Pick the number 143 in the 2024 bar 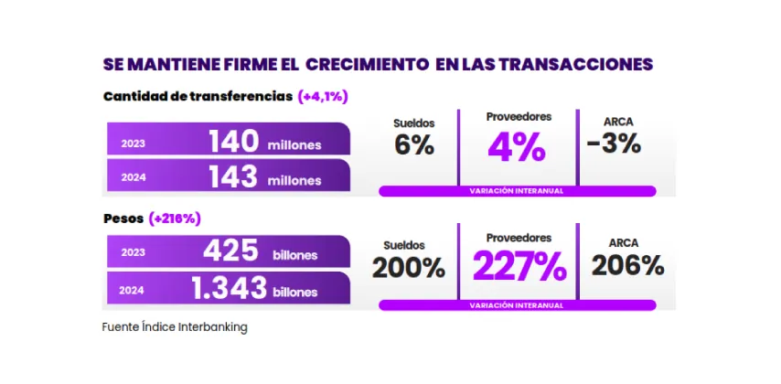point(233,178)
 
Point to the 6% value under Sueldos point(414,145)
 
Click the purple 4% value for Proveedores point(517,147)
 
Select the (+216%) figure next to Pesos point(175,219)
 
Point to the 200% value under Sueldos point(409,268)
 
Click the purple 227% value point(519,268)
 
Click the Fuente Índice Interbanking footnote point(174,325)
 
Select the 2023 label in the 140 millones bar point(133,144)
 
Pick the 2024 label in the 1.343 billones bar point(133,291)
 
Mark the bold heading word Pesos point(122,219)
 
